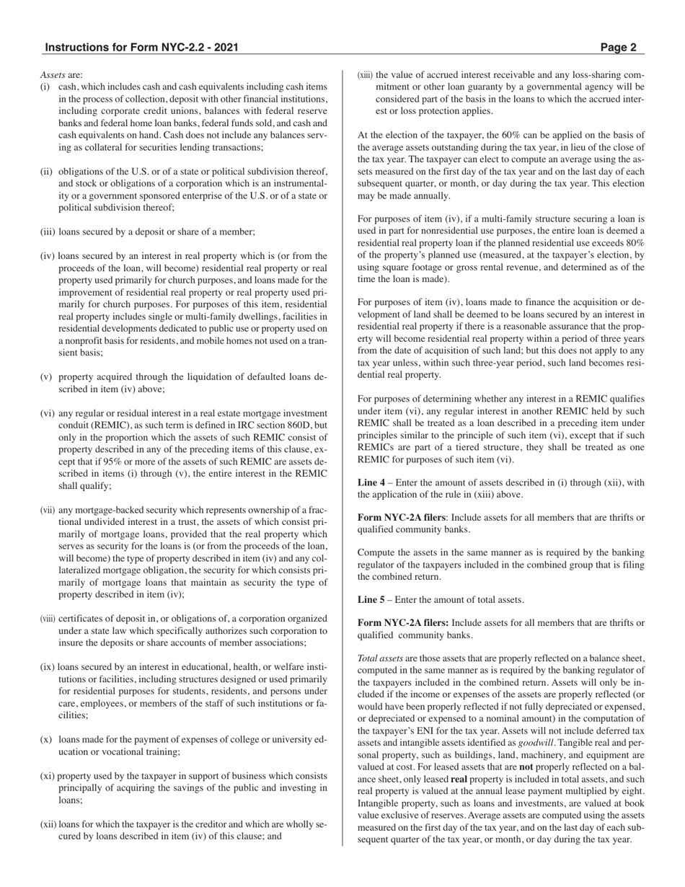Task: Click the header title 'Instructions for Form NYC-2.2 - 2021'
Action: (x=141, y=48)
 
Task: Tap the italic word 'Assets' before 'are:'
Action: (x=53, y=74)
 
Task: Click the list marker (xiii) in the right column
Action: (x=366, y=74)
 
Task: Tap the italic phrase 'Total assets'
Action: (x=380, y=658)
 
